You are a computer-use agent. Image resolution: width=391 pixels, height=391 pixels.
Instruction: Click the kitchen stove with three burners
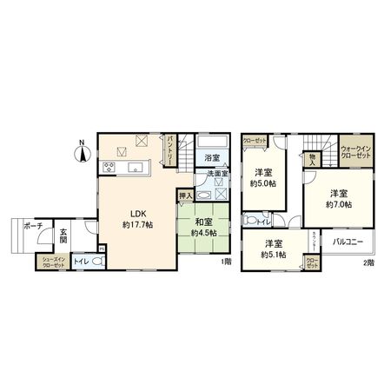click(110, 167)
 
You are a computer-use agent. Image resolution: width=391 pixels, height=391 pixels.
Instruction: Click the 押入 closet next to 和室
click(184, 197)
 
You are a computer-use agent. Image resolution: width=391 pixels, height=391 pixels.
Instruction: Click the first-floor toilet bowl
click(98, 262)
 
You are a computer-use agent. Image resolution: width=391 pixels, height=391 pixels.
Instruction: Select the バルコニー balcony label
click(351, 242)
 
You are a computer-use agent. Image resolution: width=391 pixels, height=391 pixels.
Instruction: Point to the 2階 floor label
click(368, 262)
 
